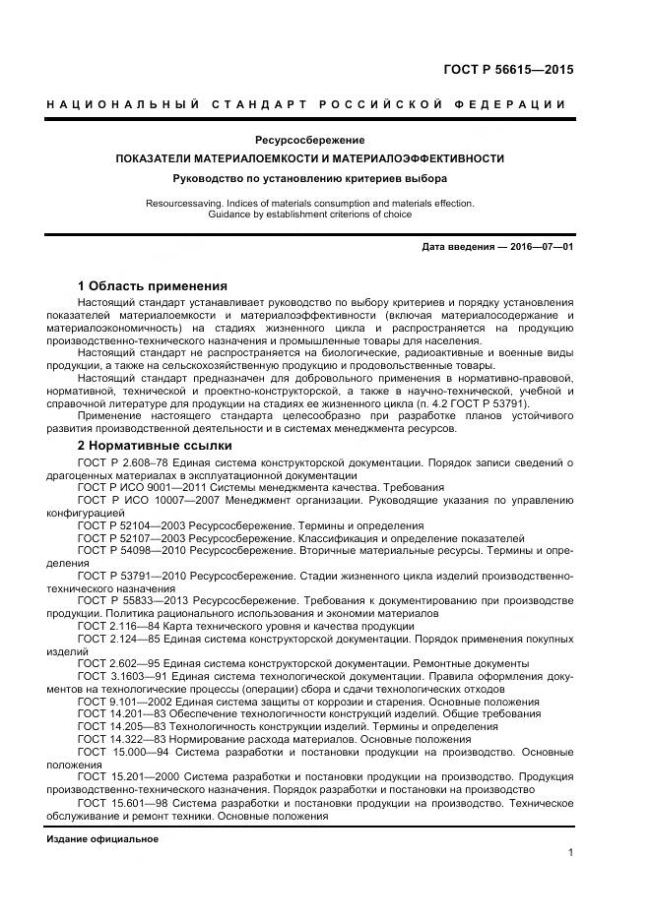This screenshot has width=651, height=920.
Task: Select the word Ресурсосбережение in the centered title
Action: click(x=309, y=140)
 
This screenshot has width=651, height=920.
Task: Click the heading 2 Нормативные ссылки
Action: click(x=155, y=445)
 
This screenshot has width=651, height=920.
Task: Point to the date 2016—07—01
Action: click(x=541, y=246)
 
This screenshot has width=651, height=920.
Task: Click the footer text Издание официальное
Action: click(x=101, y=839)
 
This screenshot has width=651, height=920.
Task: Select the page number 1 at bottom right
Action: click(x=570, y=854)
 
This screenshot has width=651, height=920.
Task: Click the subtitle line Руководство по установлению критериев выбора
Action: click(x=309, y=178)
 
